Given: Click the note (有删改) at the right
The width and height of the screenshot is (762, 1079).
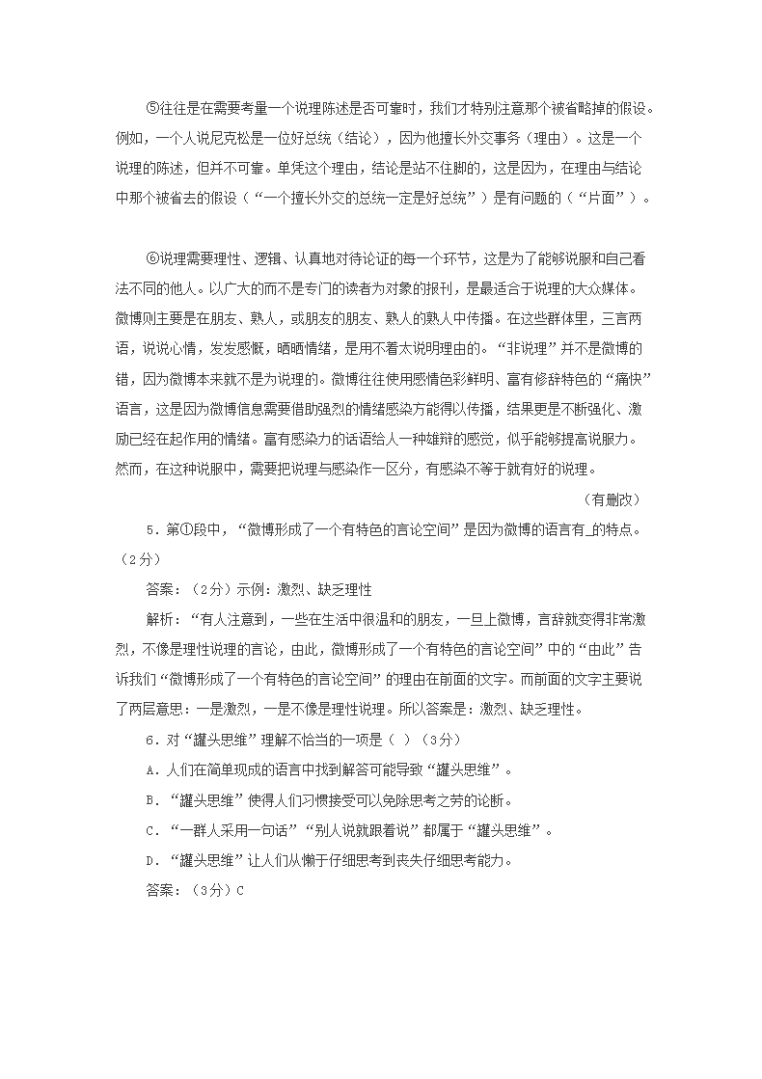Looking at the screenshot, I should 612,499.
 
